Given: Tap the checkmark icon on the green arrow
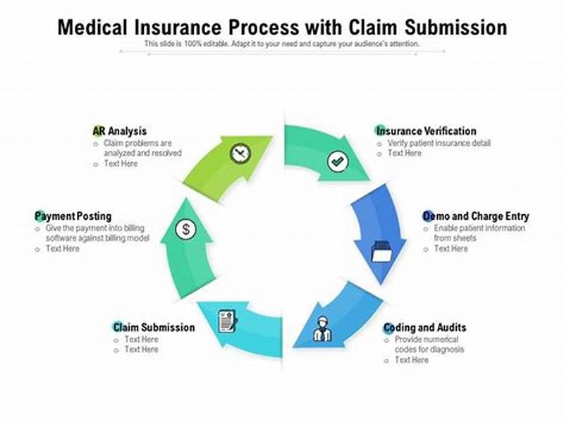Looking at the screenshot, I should (338, 162).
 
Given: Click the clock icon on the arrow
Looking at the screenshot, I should (240, 153).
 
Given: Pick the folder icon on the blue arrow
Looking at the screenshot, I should (381, 251).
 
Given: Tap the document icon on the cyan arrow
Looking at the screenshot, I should (228, 321).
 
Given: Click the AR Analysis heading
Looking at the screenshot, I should (120, 131).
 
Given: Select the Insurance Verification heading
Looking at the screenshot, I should (426, 131).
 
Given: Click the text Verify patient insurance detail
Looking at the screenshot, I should (439, 143).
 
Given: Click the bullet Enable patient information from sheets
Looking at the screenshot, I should (479, 233).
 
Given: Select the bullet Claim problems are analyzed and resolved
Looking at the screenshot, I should (142, 148).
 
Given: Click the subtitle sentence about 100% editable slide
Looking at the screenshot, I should (282, 44).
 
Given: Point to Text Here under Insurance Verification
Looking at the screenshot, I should (404, 154).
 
